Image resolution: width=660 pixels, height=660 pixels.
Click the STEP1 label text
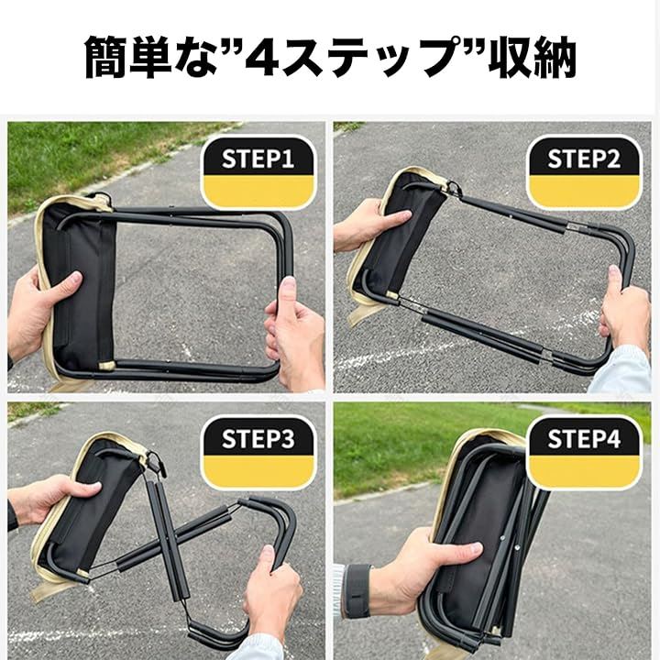point(258,159)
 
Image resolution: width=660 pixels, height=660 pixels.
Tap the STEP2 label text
point(584,159)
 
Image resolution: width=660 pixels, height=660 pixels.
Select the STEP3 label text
point(258,439)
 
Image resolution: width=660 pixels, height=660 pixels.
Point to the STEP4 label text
point(584,439)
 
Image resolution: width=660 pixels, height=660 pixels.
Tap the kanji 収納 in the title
point(532,57)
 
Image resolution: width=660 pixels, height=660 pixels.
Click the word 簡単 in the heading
point(128,57)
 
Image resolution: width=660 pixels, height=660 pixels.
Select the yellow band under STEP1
point(258,192)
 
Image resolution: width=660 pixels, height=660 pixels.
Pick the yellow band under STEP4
point(584,471)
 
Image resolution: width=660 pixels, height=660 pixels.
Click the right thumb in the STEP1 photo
point(288,291)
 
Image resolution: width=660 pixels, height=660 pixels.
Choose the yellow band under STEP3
point(258,471)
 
